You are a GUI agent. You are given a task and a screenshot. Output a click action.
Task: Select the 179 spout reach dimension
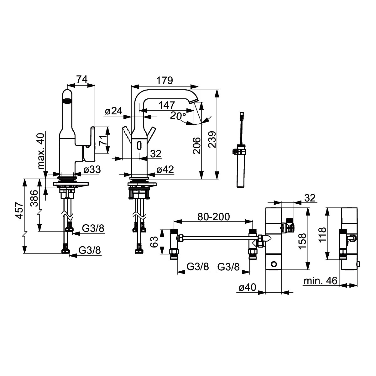[165, 81]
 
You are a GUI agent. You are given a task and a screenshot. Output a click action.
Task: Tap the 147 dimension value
[167, 105]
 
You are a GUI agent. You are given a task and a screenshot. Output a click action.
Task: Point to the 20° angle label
[178, 116]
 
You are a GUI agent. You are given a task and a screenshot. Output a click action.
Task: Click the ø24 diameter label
[113, 111]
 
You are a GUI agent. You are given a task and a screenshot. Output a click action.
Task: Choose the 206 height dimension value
[196, 146]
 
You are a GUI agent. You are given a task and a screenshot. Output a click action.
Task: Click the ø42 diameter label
[165, 170]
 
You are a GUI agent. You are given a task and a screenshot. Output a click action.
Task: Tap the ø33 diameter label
[92, 170]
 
